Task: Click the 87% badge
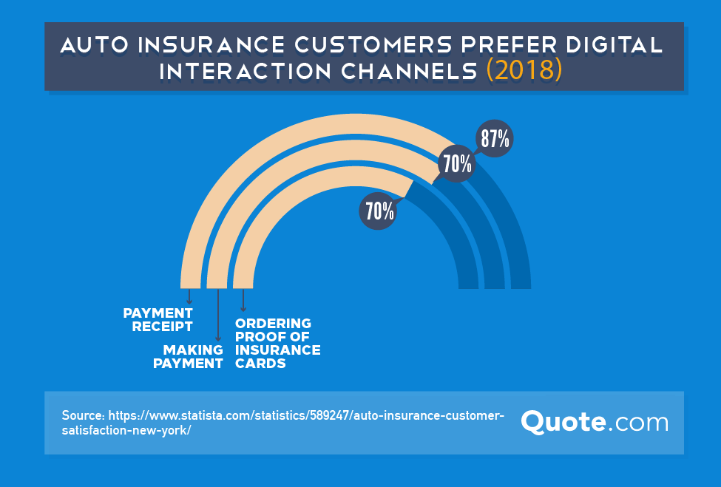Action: pyautogui.click(x=494, y=138)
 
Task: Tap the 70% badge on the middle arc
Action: pyautogui.click(x=456, y=163)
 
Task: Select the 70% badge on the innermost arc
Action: pyautogui.click(x=378, y=211)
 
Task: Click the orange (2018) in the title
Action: pyautogui.click(x=524, y=70)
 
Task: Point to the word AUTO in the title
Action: pyautogui.click(x=95, y=45)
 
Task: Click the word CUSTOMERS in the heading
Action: pyautogui.click(x=373, y=45)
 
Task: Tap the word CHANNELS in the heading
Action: pyautogui.click(x=409, y=71)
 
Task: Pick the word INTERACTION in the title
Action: pyautogui.click(x=245, y=71)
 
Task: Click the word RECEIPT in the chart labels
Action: pyautogui.click(x=162, y=327)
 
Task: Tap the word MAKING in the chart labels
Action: pyautogui.click(x=193, y=350)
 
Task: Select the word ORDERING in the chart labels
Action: pyautogui.click(x=273, y=324)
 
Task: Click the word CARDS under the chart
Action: pyautogui.click(x=260, y=364)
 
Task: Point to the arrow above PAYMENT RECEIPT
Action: pyautogui.click(x=189, y=296)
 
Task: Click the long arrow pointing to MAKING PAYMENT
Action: pyautogui.click(x=218, y=315)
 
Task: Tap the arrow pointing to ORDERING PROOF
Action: pyautogui.click(x=243, y=300)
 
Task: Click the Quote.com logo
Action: pyautogui.click(x=595, y=422)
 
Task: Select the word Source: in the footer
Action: pyautogui.click(x=84, y=415)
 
